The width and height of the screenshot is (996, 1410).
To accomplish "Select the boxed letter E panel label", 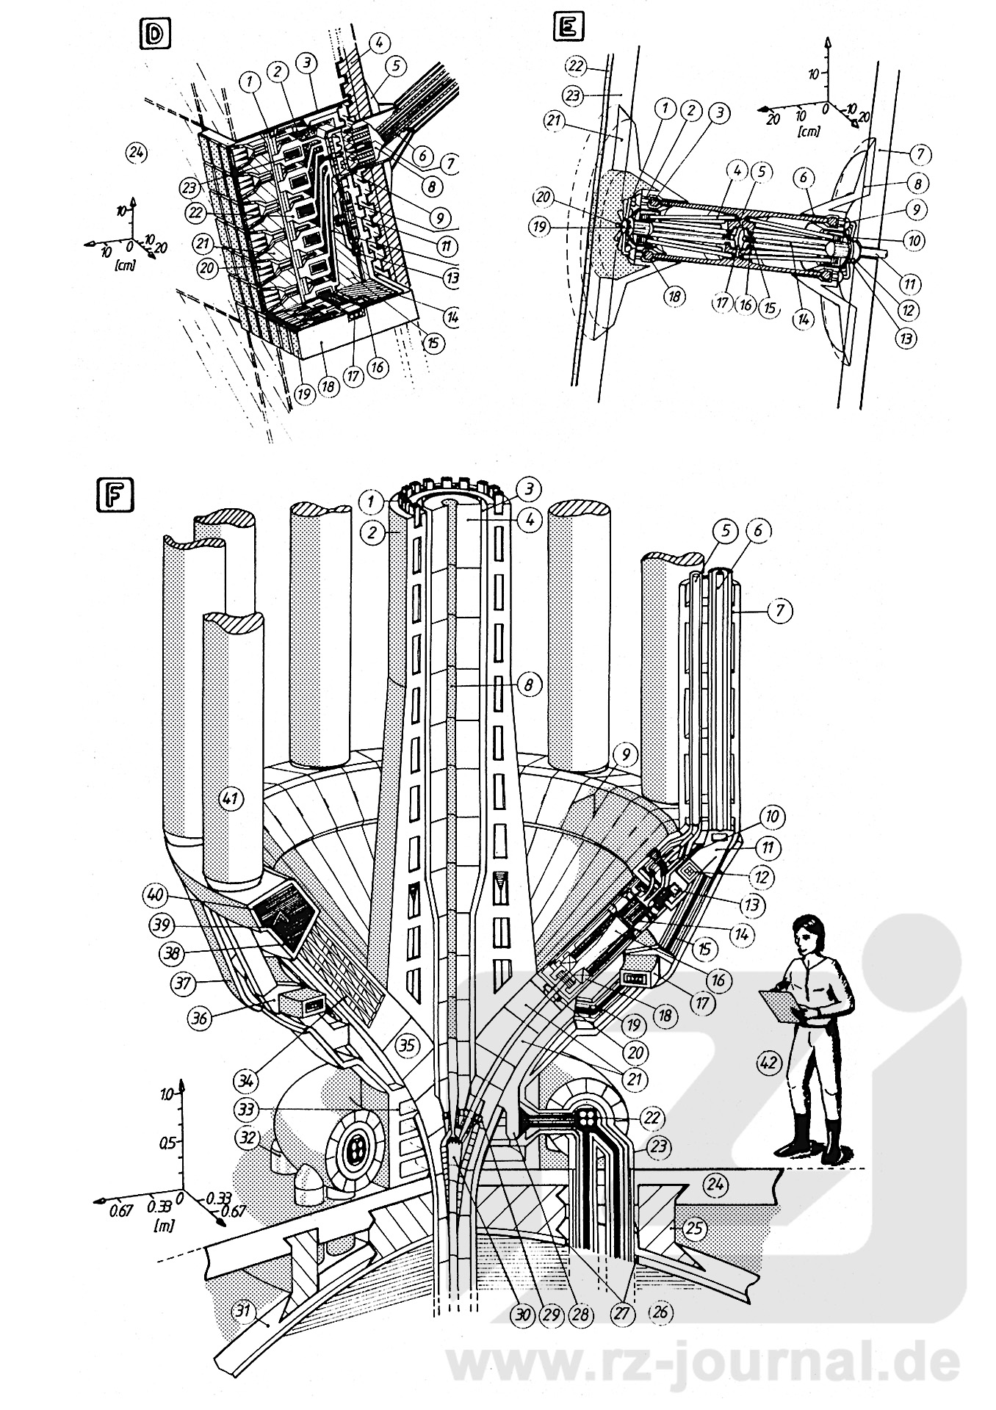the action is pyautogui.click(x=570, y=29).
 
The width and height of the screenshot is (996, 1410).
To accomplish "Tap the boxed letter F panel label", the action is pyautogui.click(x=114, y=493).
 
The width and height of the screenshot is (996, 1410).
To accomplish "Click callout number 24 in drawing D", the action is pyautogui.click(x=137, y=153).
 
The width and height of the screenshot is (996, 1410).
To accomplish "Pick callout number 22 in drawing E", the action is pyautogui.click(x=576, y=65).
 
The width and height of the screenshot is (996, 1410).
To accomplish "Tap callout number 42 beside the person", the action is pyautogui.click(x=769, y=1060).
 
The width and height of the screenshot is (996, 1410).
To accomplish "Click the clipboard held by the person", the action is pyautogui.click(x=783, y=1002).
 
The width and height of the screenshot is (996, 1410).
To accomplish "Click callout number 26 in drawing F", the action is pyautogui.click(x=660, y=1311).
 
